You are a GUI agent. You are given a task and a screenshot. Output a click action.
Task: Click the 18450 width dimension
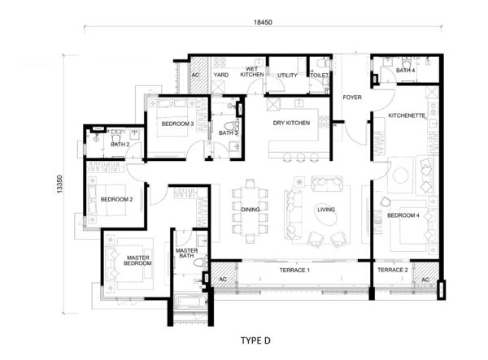263,23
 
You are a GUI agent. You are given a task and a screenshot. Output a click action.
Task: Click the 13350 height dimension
59,184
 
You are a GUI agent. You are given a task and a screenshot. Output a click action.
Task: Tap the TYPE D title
255,340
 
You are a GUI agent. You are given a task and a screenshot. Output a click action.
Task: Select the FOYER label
352,98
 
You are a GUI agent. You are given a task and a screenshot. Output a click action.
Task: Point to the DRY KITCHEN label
291,123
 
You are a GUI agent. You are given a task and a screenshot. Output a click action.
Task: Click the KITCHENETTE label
407,115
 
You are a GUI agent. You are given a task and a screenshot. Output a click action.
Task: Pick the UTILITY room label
287,76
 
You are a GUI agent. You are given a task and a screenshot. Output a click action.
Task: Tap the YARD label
221,75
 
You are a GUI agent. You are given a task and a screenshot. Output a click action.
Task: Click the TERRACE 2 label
393,270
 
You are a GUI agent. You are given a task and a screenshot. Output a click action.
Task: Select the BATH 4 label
405,70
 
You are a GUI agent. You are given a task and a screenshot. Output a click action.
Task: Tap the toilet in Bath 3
230,126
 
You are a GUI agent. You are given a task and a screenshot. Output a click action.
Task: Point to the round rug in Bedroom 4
400,176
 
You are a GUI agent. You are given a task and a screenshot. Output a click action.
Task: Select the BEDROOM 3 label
177,124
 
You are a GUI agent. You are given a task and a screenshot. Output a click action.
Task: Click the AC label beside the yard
195,75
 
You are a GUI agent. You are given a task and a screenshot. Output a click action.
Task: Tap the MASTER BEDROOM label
138,261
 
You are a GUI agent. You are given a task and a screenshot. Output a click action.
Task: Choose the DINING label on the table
251,210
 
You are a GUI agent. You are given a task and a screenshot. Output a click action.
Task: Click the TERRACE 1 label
294,270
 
